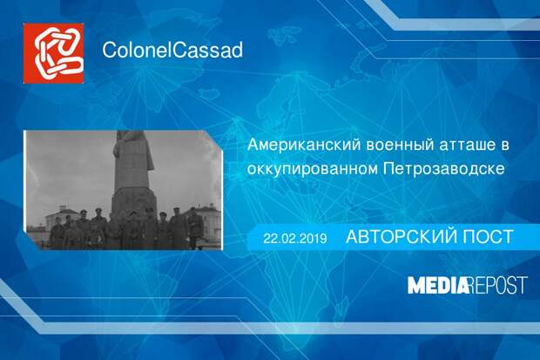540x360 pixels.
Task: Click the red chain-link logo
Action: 53,53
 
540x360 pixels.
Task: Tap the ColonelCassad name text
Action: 172,50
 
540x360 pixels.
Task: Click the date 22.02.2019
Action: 295,238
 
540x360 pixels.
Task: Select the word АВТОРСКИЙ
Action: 401,237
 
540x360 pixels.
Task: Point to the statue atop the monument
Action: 132,151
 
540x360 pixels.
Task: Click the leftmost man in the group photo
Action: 57,233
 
